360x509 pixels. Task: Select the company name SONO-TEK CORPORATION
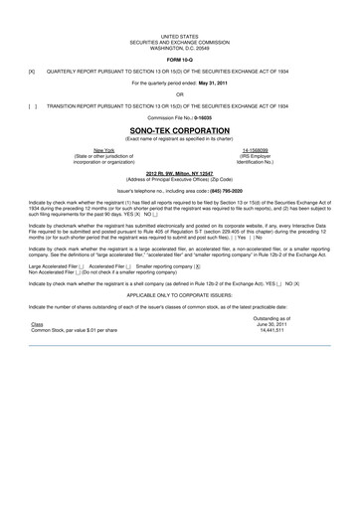(x=180, y=129)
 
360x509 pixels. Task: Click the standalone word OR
(x=180, y=94)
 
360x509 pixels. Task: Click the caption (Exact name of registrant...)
(x=180, y=138)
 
